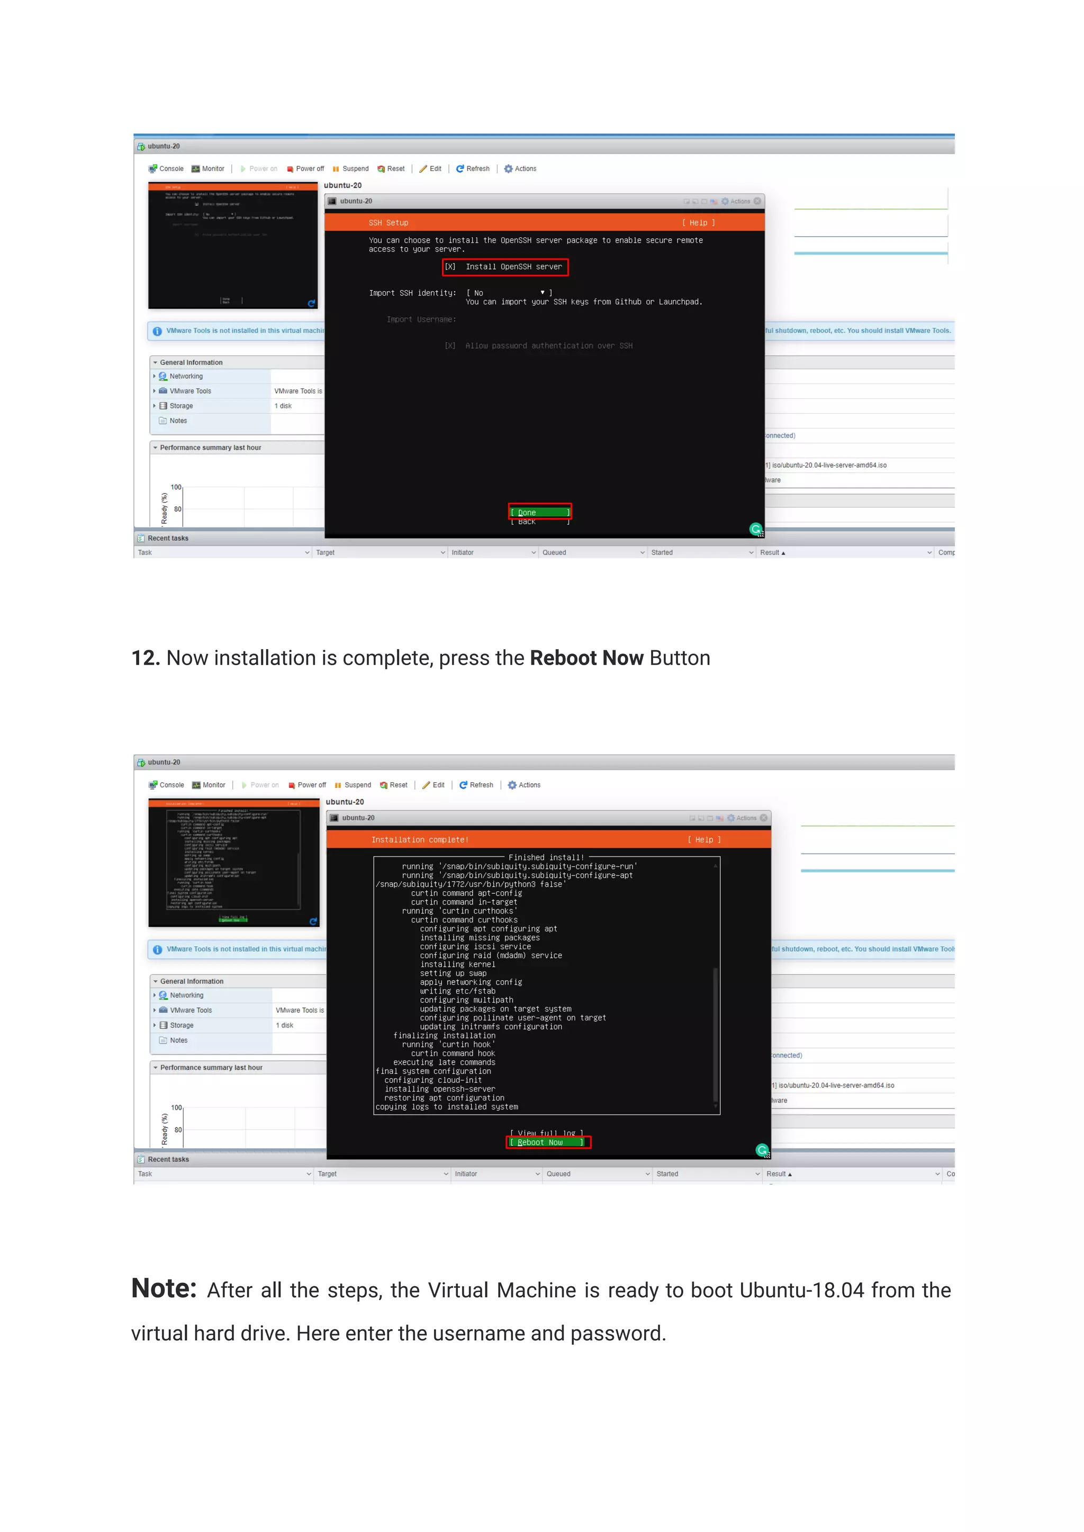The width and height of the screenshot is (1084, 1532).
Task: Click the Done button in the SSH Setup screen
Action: [x=539, y=512]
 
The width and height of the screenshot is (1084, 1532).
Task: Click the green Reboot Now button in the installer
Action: [x=547, y=1142]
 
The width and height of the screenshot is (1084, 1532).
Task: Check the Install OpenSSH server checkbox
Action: [x=450, y=266]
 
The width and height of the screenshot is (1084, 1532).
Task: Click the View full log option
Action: [x=547, y=1133]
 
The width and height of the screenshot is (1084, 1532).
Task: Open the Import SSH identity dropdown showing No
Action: [x=509, y=292]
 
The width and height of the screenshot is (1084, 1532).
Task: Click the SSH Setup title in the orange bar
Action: [x=388, y=222]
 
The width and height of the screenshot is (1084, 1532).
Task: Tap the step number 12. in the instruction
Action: [x=146, y=658]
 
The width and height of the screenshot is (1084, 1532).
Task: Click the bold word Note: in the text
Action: [x=164, y=1288]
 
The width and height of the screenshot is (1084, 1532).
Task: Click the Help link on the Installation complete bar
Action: [x=704, y=839]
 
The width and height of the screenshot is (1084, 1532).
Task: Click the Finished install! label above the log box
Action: [x=545, y=857]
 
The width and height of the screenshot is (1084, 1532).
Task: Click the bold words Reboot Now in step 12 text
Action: [x=586, y=658]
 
